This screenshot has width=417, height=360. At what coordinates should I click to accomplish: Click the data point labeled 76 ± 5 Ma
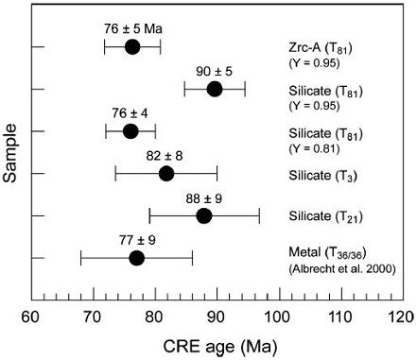tap(132, 47)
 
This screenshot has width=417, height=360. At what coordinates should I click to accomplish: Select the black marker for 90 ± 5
tap(215, 89)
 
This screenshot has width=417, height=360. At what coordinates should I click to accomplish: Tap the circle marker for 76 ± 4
tap(130, 131)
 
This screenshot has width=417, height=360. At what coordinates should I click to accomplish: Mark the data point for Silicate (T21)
tap(203, 215)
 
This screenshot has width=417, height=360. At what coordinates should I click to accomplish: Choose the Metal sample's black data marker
tap(136, 258)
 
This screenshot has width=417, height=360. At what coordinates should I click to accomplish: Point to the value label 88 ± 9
tap(203, 197)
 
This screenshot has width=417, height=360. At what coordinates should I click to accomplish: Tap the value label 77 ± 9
tap(136, 239)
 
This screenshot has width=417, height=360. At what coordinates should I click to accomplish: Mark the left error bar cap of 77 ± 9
tap(81, 258)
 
